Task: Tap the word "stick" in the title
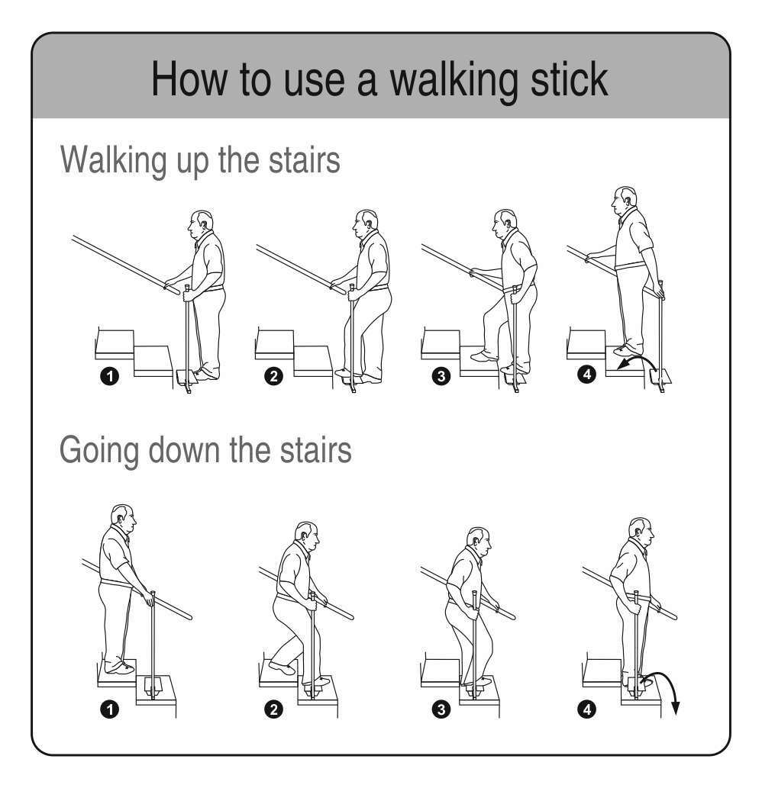pyautogui.click(x=569, y=79)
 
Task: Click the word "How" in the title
pyautogui.click(x=189, y=79)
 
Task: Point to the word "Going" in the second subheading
pyautogui.click(x=98, y=451)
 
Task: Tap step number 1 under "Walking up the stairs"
pyautogui.click(x=109, y=376)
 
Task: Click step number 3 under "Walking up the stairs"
pyautogui.click(x=441, y=376)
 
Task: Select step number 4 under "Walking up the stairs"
pyautogui.click(x=586, y=374)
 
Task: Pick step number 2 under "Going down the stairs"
pyautogui.click(x=273, y=709)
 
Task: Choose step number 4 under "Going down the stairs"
pyautogui.click(x=586, y=709)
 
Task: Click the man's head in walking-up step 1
pyautogui.click(x=200, y=224)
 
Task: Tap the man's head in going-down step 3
pyautogui.click(x=478, y=542)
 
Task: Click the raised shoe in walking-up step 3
pyautogui.click(x=484, y=356)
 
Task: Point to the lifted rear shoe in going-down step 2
pyautogui.click(x=282, y=668)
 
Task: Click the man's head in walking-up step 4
pyautogui.click(x=624, y=201)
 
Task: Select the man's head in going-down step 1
pyautogui.click(x=123, y=519)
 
